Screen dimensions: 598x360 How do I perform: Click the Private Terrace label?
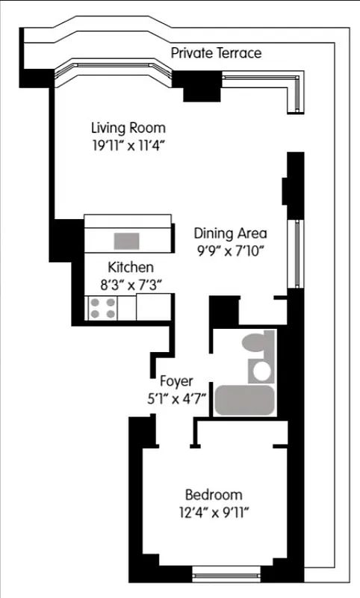click(x=216, y=53)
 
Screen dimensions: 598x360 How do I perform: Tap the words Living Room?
click(x=128, y=128)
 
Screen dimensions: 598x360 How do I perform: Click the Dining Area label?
click(x=230, y=232)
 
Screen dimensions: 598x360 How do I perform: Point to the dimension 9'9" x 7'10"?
click(x=230, y=250)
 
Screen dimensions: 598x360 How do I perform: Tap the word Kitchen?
click(x=131, y=267)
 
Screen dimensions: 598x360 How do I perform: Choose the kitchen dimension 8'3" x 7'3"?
click(x=131, y=284)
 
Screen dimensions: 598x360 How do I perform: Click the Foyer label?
click(x=177, y=381)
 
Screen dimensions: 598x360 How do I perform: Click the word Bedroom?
click(x=214, y=495)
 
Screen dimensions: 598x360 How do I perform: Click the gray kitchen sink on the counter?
click(x=126, y=241)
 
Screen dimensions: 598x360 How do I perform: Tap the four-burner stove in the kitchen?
click(x=102, y=308)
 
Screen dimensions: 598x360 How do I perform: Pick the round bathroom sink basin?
click(x=262, y=370)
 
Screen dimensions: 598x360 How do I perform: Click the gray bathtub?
click(x=245, y=401)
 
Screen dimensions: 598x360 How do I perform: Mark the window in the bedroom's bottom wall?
click(x=226, y=576)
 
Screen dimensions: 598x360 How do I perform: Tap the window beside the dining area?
click(x=298, y=254)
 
